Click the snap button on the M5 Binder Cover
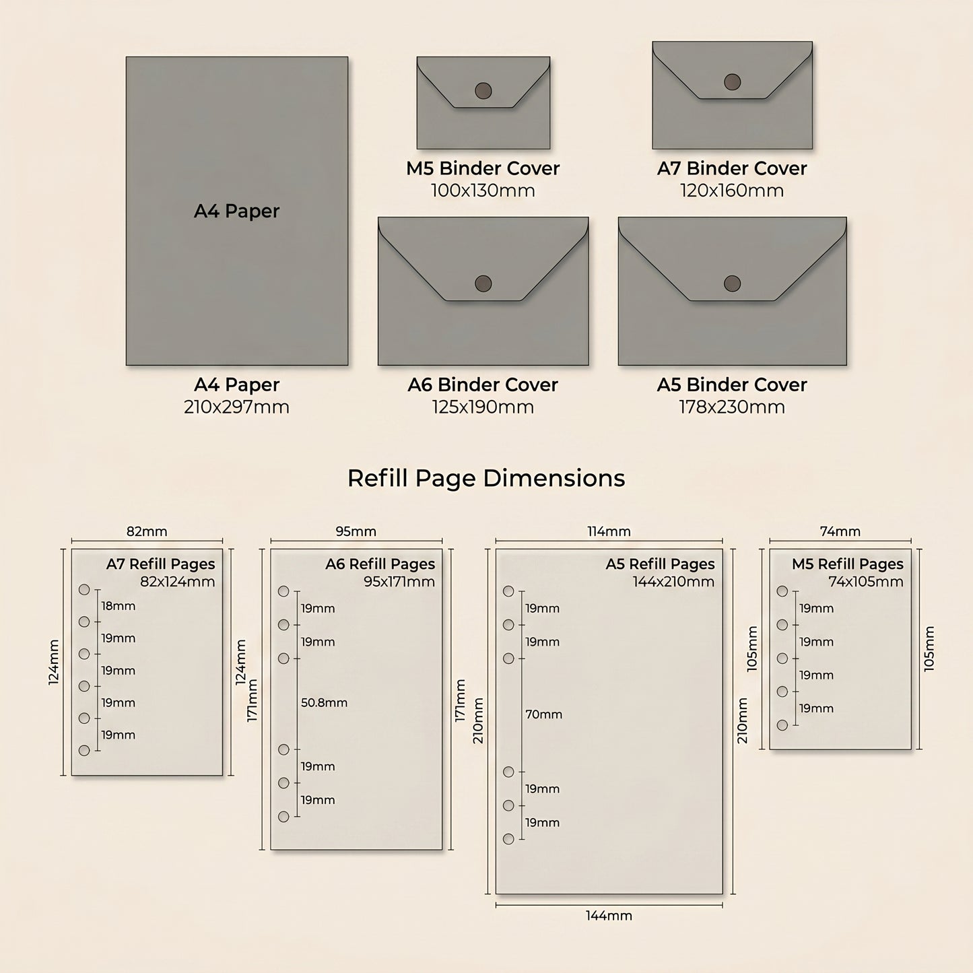pos(483,91)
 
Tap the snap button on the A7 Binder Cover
pos(732,81)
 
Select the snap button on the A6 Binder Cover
pos(483,283)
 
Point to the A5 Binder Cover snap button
pos(732,283)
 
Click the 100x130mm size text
pos(483,191)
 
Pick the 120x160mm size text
pos(732,191)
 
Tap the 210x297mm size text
pos(236,407)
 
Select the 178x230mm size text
pos(732,407)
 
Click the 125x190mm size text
pos(483,407)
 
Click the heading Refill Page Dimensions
pos(486,478)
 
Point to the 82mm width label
pos(146,531)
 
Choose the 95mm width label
pos(356,531)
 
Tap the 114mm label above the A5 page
pos(609,531)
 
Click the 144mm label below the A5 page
pos(609,916)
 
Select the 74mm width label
pos(840,531)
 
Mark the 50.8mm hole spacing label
pos(324,702)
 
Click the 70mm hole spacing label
pos(544,714)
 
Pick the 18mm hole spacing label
pos(118,606)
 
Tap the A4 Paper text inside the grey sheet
pos(236,211)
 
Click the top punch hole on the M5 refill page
pos(782,591)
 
